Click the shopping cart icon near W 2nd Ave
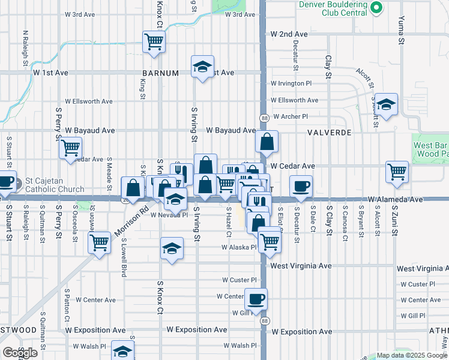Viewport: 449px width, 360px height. [154, 42]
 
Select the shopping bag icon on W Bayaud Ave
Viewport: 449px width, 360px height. [267, 142]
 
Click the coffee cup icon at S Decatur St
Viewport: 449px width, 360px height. [301, 186]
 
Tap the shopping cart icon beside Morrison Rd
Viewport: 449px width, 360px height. [99, 243]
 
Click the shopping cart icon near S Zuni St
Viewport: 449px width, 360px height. [397, 172]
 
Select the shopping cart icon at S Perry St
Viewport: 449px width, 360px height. [71, 148]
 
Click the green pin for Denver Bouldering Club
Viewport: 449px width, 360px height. [376, 7]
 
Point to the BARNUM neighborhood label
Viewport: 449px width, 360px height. [161, 73]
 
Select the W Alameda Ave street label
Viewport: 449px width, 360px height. [396, 199]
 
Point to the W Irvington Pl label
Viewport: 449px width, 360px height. [291, 83]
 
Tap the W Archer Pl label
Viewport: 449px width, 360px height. [290, 116]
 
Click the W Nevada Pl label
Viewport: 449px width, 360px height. [169, 214]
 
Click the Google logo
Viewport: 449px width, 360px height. [19, 353]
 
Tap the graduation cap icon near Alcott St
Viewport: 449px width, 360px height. [387, 103]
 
